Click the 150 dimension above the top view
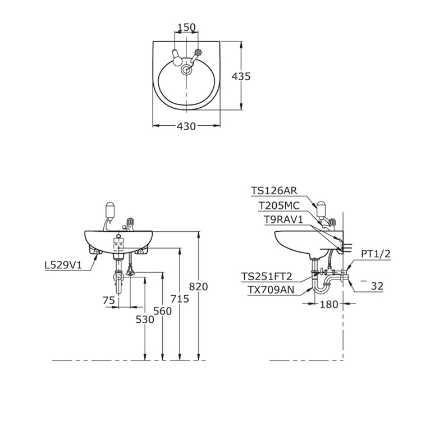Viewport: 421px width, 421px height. coord(187,28)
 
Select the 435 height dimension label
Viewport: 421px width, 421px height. coord(241,76)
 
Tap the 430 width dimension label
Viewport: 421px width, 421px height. coord(186,126)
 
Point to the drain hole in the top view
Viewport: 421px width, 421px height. coord(186,70)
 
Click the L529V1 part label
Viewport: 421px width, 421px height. coord(63,266)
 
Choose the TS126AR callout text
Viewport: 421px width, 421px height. coord(274,191)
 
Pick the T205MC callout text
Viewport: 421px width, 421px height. coord(279,205)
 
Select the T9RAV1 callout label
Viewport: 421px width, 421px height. coord(283,219)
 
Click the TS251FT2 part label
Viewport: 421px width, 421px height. coord(267,276)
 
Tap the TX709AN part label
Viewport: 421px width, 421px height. coord(271,290)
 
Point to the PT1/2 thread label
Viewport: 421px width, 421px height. coord(376,254)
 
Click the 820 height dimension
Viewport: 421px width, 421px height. coord(198,287)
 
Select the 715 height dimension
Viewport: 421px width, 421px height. coord(180,299)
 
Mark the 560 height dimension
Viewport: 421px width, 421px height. coord(162,311)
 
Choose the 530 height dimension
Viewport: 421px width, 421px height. coord(145,319)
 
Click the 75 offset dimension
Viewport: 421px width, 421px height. coord(108,300)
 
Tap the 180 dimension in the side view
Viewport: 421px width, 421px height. coord(329,304)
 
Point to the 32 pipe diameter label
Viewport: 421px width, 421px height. coord(377,286)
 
